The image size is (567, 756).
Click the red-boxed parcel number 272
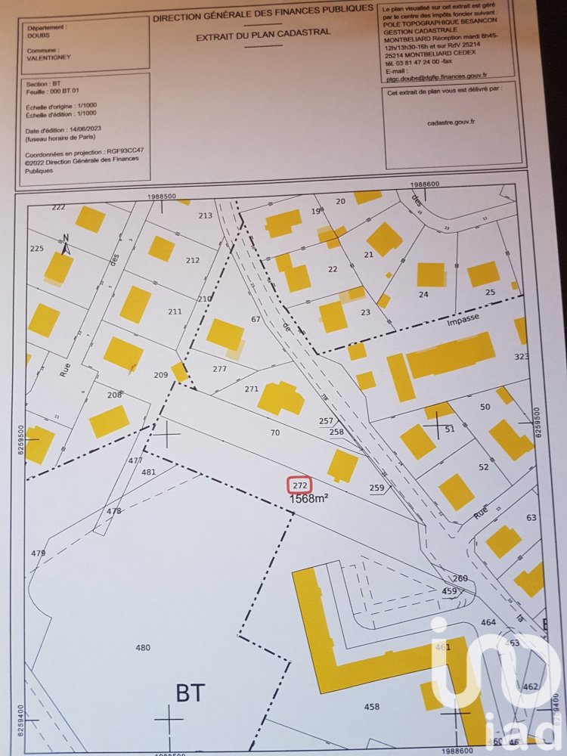[x=299, y=485]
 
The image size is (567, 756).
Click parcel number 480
[x=142, y=647]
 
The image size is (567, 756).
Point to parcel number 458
[x=371, y=707]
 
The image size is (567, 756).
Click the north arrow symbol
[x=67, y=243]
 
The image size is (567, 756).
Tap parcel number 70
[x=275, y=432]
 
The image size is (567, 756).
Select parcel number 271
[x=252, y=389]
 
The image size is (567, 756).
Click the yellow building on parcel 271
[x=280, y=398]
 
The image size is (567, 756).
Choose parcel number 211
[x=175, y=311]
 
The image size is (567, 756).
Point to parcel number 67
[x=256, y=319]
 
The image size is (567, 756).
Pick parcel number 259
[x=376, y=488]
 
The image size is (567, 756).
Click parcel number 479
[x=38, y=553]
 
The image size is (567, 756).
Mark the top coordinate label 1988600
[x=425, y=184]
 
